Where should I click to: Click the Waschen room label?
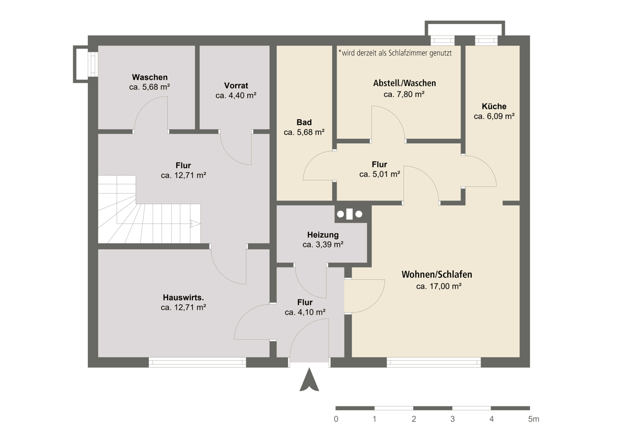[150, 77]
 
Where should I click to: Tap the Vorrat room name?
[236, 85]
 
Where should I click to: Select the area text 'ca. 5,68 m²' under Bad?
[304, 132]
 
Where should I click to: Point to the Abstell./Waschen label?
[404, 83]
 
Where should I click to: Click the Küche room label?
[494, 107]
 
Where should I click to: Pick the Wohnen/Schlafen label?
[437, 275]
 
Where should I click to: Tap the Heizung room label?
[323, 235]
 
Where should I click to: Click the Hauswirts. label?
[183, 297]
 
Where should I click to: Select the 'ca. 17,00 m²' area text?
[438, 286]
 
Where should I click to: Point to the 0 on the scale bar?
[336, 419]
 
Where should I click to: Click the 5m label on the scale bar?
[533, 419]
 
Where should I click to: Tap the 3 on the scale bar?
[452, 419]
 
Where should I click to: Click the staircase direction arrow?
[195, 224]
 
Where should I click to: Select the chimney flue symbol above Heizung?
[350, 214]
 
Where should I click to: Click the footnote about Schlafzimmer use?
[395, 53]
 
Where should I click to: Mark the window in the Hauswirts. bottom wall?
[198, 363]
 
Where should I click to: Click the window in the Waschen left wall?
[93, 64]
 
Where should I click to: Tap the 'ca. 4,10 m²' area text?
[305, 312]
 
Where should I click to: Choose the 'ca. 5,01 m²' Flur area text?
[379, 174]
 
